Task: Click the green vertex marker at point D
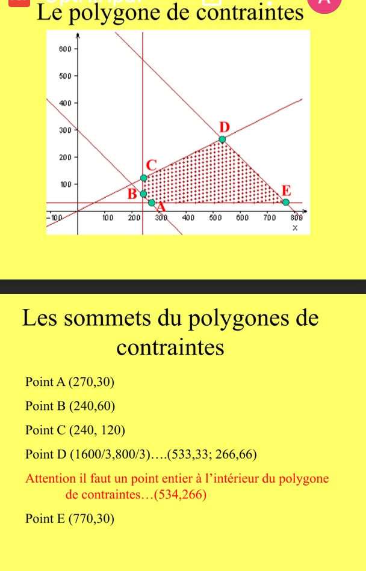pyautogui.click(x=222, y=139)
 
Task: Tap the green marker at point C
pyautogui.click(x=143, y=177)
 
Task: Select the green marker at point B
pyautogui.click(x=143, y=194)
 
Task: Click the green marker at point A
pyautogui.click(x=152, y=203)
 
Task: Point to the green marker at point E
pyautogui.click(x=286, y=202)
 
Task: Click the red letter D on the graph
pyautogui.click(x=225, y=127)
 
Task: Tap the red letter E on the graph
pyautogui.click(x=286, y=191)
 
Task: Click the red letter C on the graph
pyautogui.click(x=150, y=164)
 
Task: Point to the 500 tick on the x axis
pyautogui.click(x=215, y=216)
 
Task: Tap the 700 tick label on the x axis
pyautogui.click(x=269, y=216)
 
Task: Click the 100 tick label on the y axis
pyautogui.click(x=66, y=183)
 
